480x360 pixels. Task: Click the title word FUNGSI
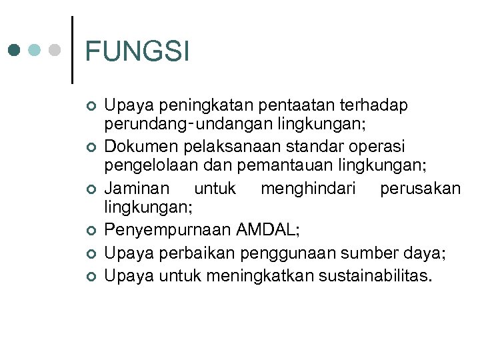[x=137, y=52]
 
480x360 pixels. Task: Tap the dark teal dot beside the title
[x=14, y=51]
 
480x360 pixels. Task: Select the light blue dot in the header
[x=35, y=51]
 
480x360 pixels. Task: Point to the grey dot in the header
[x=55, y=51]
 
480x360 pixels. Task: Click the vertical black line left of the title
[x=71, y=50]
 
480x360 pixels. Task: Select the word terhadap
[x=374, y=105]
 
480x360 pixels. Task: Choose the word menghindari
[x=307, y=189]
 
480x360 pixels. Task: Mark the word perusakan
[x=420, y=189]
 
